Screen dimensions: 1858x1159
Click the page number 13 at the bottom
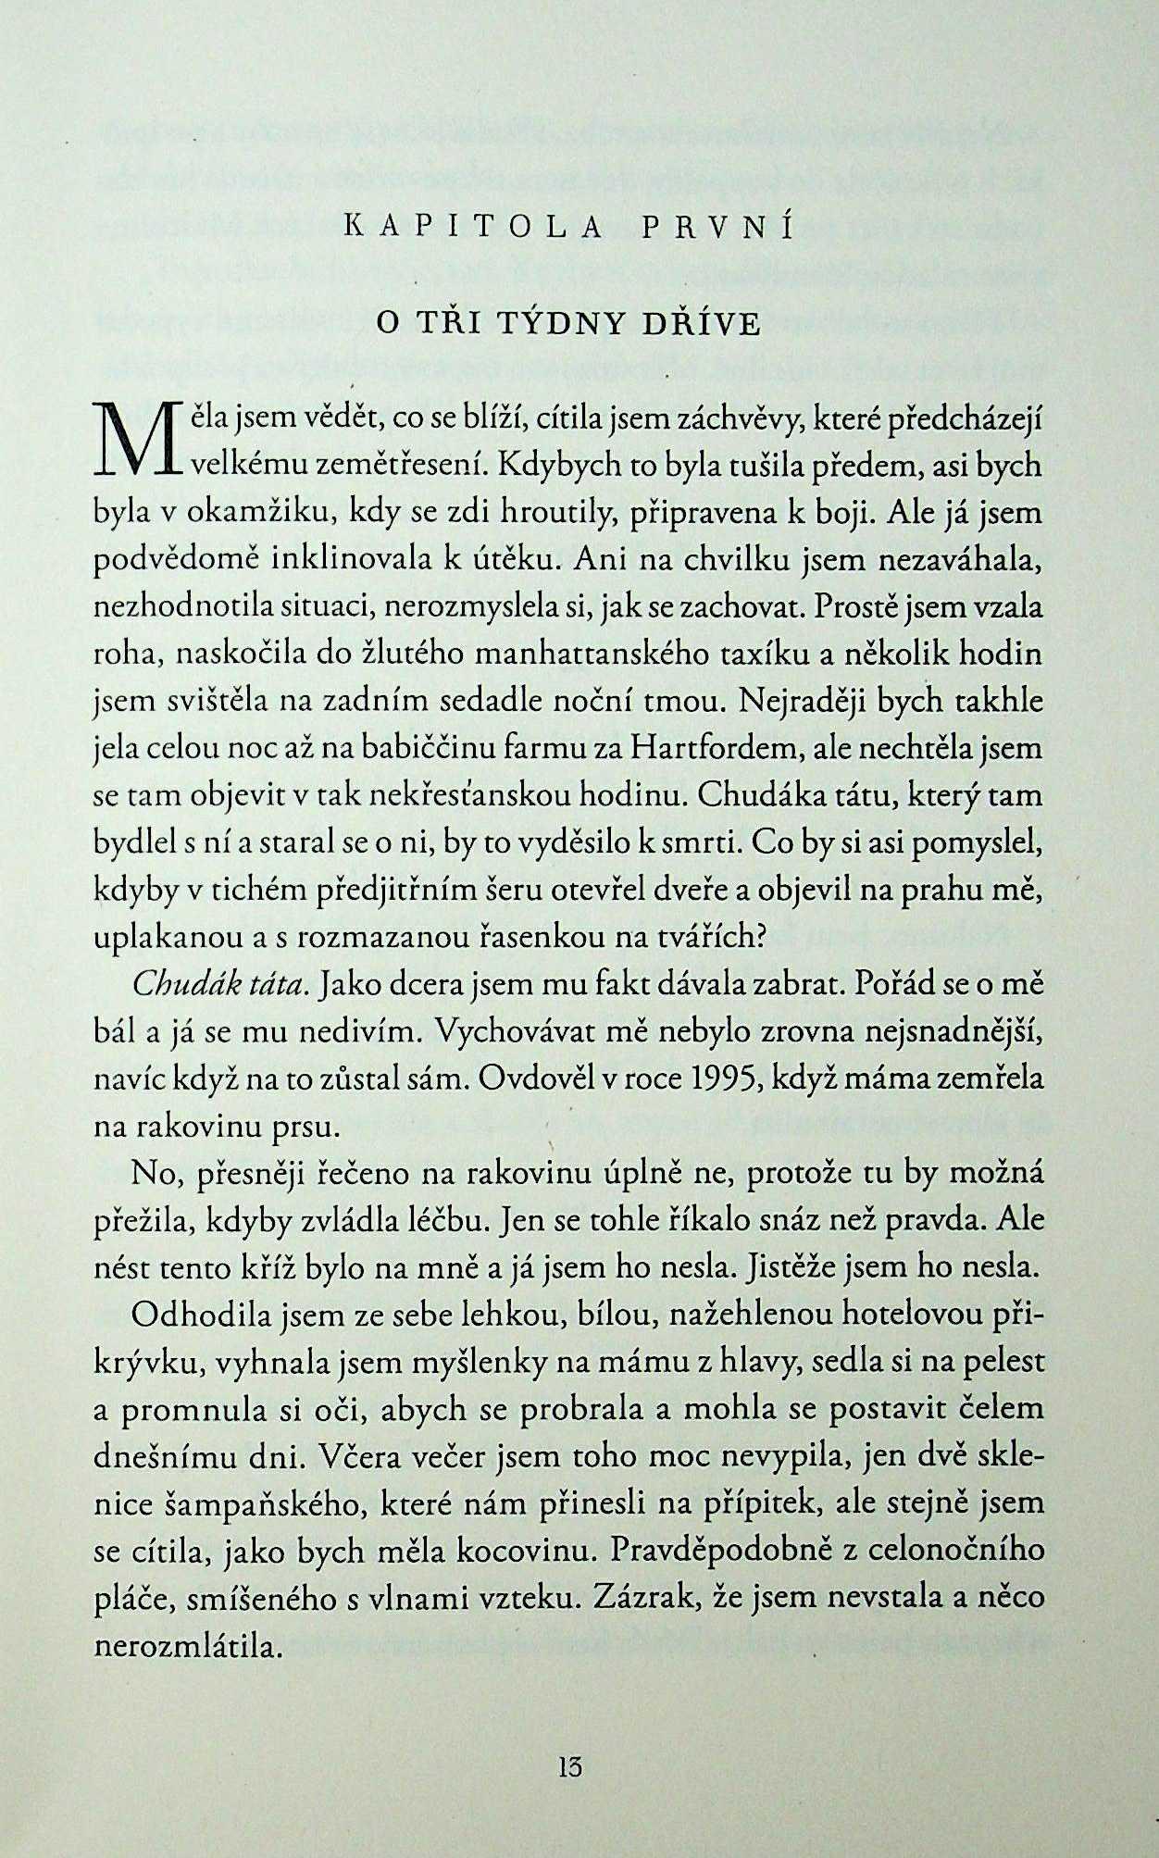click(570, 1766)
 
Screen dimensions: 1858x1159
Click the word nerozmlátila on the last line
click(188, 1646)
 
